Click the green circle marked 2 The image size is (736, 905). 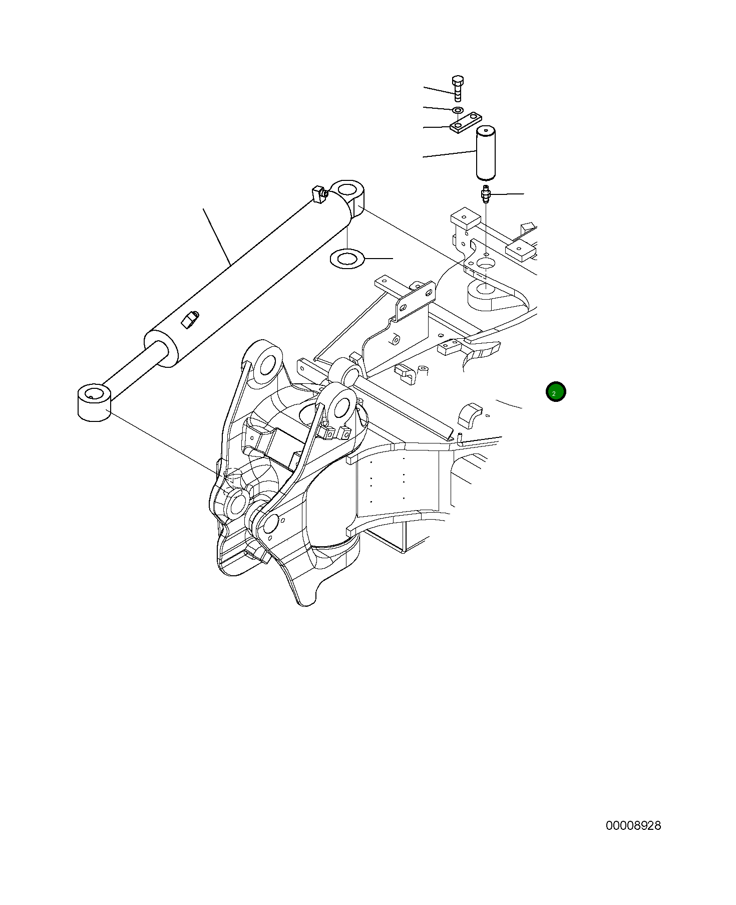click(x=555, y=392)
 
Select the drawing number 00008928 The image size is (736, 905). click(x=633, y=825)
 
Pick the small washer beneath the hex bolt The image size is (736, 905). click(x=458, y=110)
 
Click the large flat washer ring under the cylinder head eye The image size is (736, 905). click(x=346, y=259)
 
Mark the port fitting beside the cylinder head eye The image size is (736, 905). click(x=318, y=193)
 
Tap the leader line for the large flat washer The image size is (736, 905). click(x=379, y=259)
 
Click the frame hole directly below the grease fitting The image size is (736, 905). click(x=485, y=263)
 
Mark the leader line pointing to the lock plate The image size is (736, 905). click(x=437, y=127)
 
